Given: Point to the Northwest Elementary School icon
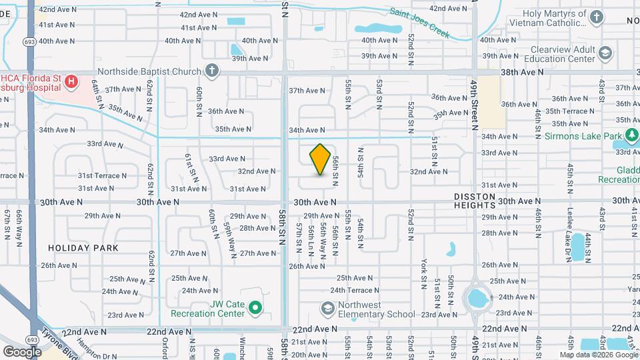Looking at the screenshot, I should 327,308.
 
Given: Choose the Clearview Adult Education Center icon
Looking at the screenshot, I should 605,53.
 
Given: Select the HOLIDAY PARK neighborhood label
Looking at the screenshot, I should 83,247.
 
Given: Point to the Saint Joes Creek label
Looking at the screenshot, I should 421,21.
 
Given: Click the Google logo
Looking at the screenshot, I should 23,351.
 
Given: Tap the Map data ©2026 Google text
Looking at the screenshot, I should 599,355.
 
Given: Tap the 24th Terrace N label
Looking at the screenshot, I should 355,290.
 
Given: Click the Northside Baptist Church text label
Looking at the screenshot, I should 149,71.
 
